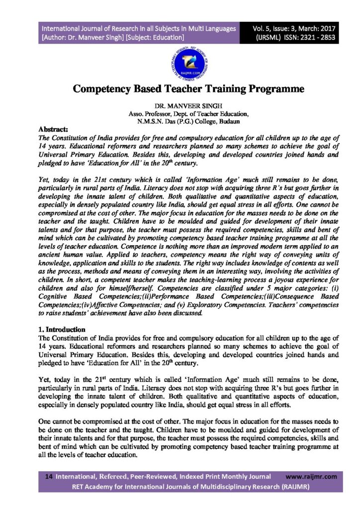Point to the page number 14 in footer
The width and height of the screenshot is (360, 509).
(x=49, y=476)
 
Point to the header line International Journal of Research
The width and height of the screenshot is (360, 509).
(x=139, y=28)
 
